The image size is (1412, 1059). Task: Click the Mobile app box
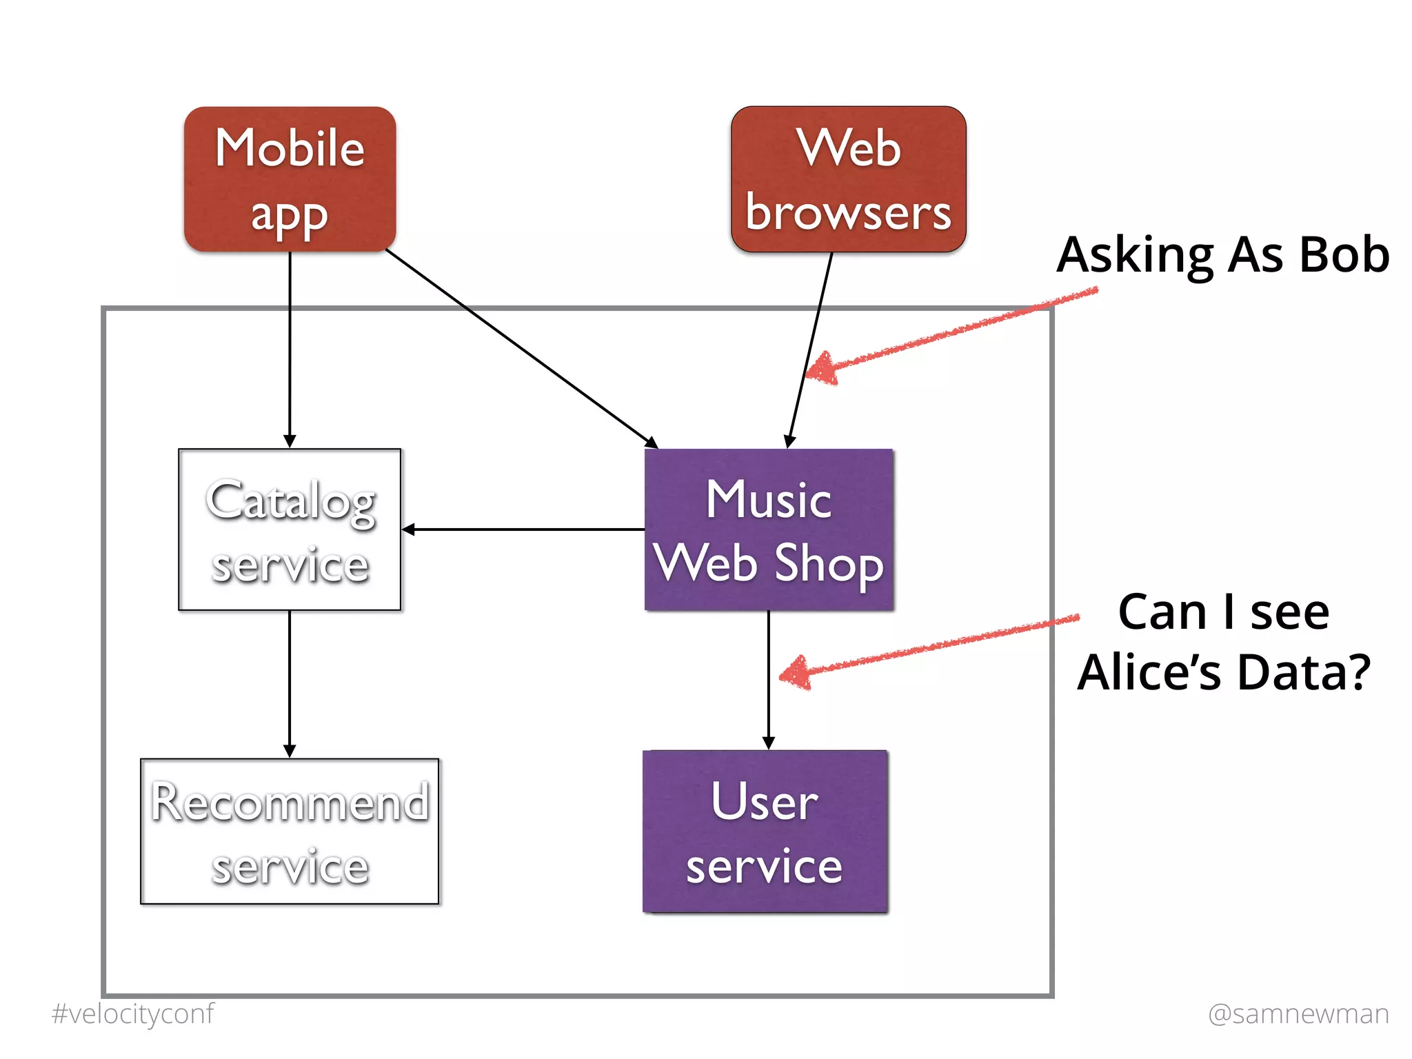tap(290, 179)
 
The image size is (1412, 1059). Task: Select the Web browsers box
tap(848, 179)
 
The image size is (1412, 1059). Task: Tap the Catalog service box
tap(290, 529)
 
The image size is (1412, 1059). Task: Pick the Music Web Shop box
tap(769, 529)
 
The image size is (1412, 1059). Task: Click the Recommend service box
tap(290, 831)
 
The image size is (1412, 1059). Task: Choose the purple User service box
tap(765, 831)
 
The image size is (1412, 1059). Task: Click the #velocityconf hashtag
tap(133, 1013)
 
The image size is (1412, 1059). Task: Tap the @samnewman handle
tap(1298, 1013)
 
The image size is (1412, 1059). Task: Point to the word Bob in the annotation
tap(1344, 254)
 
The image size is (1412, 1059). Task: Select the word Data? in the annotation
tap(1304, 673)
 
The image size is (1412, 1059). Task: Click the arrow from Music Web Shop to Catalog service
tap(524, 529)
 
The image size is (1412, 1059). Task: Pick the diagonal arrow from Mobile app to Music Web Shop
tap(521, 348)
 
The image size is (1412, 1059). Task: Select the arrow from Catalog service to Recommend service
tap(290, 683)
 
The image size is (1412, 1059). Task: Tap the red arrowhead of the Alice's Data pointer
tap(795, 673)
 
